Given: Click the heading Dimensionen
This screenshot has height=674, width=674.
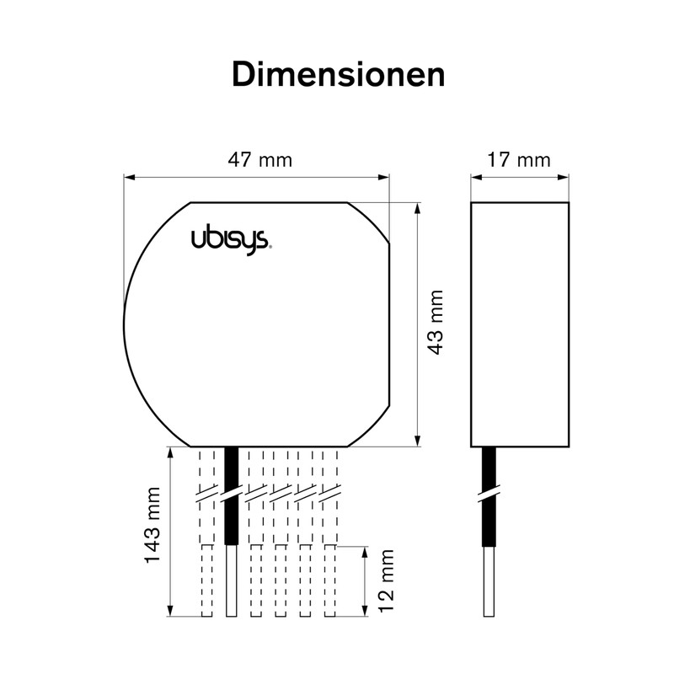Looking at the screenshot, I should tap(337, 74).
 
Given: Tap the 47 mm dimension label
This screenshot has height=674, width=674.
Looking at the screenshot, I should tap(260, 160).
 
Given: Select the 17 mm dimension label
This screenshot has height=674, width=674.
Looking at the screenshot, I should tap(519, 160).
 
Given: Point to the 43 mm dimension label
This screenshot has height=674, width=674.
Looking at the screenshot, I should tap(436, 323).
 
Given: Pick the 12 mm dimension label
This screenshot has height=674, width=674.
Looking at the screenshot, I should tap(385, 581).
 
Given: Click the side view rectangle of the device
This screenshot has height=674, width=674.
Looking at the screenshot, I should tap(520, 324).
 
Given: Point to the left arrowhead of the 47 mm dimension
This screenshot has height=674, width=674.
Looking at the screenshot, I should tap(129, 177).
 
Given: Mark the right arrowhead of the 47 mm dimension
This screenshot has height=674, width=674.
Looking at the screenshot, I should tap(385, 177).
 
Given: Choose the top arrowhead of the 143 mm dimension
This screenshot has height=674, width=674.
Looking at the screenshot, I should tap(172, 452).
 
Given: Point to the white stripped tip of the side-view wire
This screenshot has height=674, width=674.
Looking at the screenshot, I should tap(488, 581).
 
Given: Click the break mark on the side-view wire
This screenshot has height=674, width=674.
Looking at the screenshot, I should tap(488, 493).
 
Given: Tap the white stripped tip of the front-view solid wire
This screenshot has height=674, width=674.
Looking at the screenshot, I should tap(232, 581).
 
